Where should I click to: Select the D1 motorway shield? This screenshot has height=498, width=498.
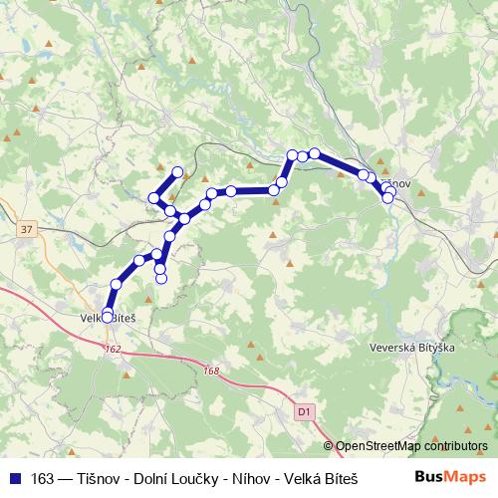(x=304, y=409)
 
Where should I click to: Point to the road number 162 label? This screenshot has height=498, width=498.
(x=111, y=350)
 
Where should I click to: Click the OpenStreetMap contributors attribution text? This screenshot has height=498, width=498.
(x=411, y=446)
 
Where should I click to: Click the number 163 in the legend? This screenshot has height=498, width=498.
(x=42, y=477)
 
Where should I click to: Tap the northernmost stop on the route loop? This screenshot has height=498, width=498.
(x=179, y=172)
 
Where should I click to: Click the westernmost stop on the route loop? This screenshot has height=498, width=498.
(x=154, y=198)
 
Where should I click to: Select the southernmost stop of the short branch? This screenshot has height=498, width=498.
(x=160, y=278)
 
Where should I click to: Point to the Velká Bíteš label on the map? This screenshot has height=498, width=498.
(x=107, y=317)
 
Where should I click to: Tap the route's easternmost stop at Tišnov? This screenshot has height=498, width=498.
(x=387, y=197)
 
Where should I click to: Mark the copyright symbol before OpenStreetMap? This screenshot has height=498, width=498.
(x=329, y=446)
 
